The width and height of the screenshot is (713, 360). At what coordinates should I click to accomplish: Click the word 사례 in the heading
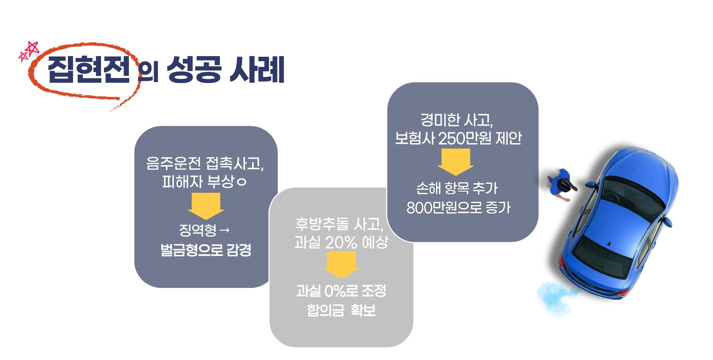[257, 69]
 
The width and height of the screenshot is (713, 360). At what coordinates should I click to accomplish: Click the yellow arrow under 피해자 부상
[206, 205]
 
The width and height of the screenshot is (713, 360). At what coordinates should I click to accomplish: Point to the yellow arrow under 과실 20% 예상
[341, 264]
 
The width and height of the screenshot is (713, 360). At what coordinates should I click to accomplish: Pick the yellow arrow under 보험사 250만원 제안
[456, 162]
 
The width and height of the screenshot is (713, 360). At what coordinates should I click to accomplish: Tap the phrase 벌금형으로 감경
[206, 250]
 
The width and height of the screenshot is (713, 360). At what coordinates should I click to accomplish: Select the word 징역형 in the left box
[198, 230]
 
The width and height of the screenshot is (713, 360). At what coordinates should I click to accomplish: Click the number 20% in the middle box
[341, 243]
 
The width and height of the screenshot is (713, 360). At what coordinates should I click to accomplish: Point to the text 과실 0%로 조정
[341, 291]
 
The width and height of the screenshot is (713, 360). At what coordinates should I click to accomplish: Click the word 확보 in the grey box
[363, 310]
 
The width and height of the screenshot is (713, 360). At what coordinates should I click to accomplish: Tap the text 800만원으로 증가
[458, 207]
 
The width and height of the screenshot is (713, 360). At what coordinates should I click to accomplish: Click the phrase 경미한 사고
[456, 120]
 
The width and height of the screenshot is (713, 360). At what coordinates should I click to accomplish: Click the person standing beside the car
[562, 185]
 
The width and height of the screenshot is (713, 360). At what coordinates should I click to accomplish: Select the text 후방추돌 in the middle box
[322, 224]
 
